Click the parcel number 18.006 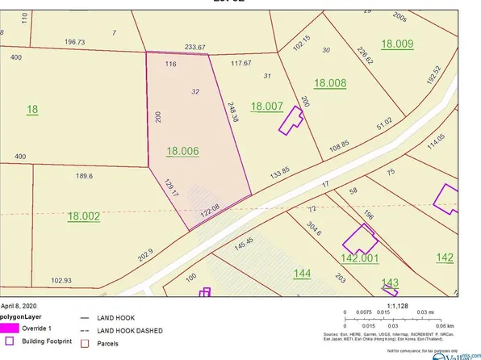click(182, 150)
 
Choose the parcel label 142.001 click(359, 258)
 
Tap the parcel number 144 click(301, 274)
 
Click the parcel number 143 click(391, 282)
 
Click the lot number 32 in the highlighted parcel click(195, 92)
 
